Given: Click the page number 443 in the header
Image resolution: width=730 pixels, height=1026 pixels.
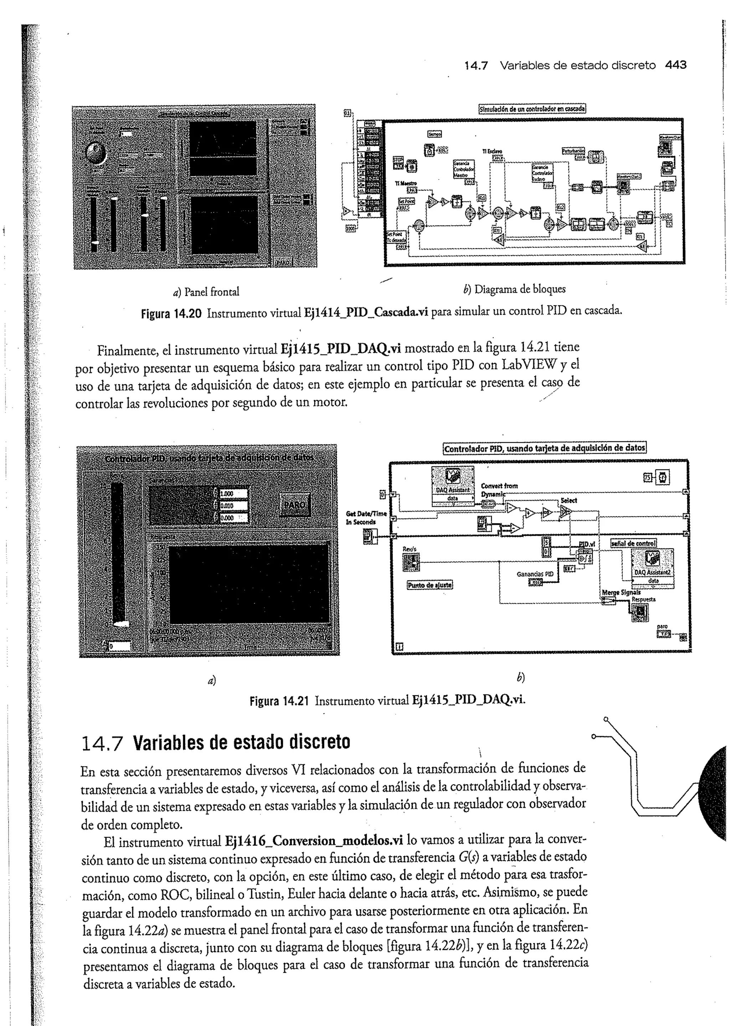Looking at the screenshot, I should (675, 65).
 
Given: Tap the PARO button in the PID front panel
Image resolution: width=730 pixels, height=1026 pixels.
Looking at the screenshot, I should (294, 505).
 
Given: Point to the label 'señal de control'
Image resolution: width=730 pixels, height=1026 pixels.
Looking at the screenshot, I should (633, 543).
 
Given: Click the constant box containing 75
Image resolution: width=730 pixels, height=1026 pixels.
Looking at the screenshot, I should (647, 477).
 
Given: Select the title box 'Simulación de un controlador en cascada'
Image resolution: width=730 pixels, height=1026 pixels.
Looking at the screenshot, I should (532, 109).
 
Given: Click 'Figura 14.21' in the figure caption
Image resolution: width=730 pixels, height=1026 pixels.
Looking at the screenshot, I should (279, 701).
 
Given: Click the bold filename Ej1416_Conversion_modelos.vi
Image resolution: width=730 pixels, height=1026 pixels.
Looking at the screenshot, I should (313, 841).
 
